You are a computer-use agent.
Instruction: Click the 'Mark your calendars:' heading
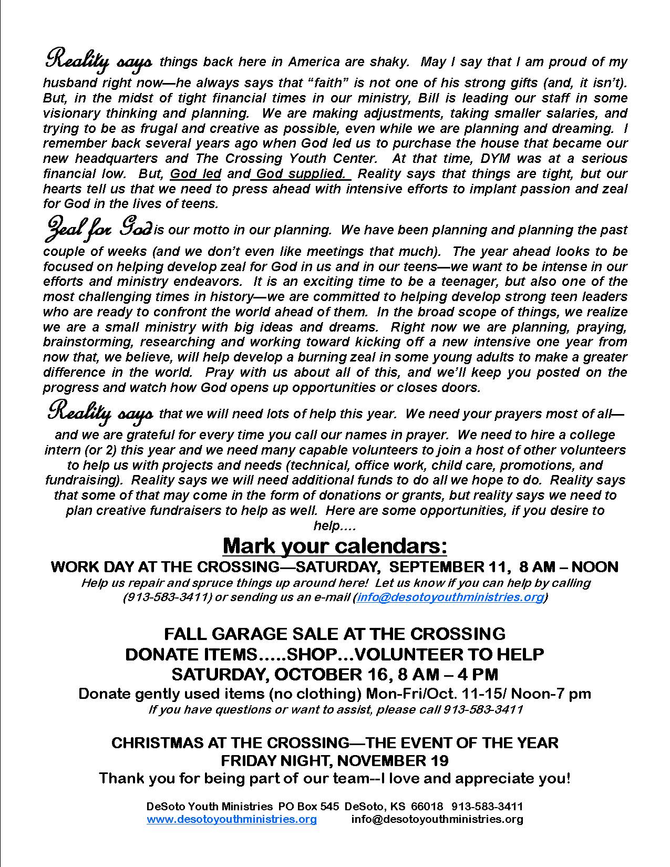point(335,546)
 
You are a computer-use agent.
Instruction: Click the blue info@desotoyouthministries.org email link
point(450,597)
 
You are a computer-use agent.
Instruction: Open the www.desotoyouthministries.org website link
point(232,819)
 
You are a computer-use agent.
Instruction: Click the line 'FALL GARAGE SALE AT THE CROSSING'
point(335,633)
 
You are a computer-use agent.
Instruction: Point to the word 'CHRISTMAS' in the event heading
point(152,742)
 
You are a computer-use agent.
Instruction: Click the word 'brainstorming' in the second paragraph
point(81,342)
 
